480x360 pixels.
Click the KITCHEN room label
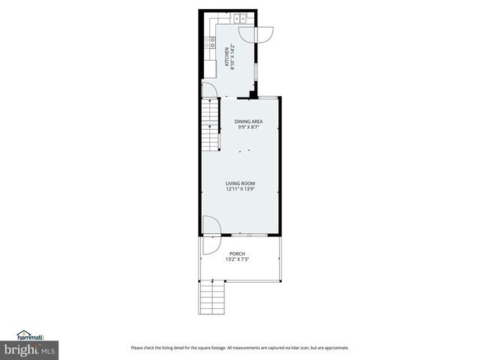pyautogui.click(x=227, y=55)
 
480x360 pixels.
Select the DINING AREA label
pyautogui.click(x=248, y=121)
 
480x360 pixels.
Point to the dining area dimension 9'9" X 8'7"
pyautogui.click(x=248, y=127)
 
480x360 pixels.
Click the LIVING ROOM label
pyautogui.click(x=241, y=184)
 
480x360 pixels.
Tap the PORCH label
pyautogui.click(x=237, y=254)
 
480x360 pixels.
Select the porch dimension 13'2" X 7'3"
pyautogui.click(x=237, y=260)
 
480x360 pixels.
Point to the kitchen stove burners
pyautogui.click(x=212, y=43)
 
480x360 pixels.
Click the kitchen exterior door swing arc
pyautogui.click(x=264, y=34)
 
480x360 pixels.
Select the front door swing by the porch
pyautogui.click(x=211, y=226)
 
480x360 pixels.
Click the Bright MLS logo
pyautogui.click(x=29, y=350)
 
